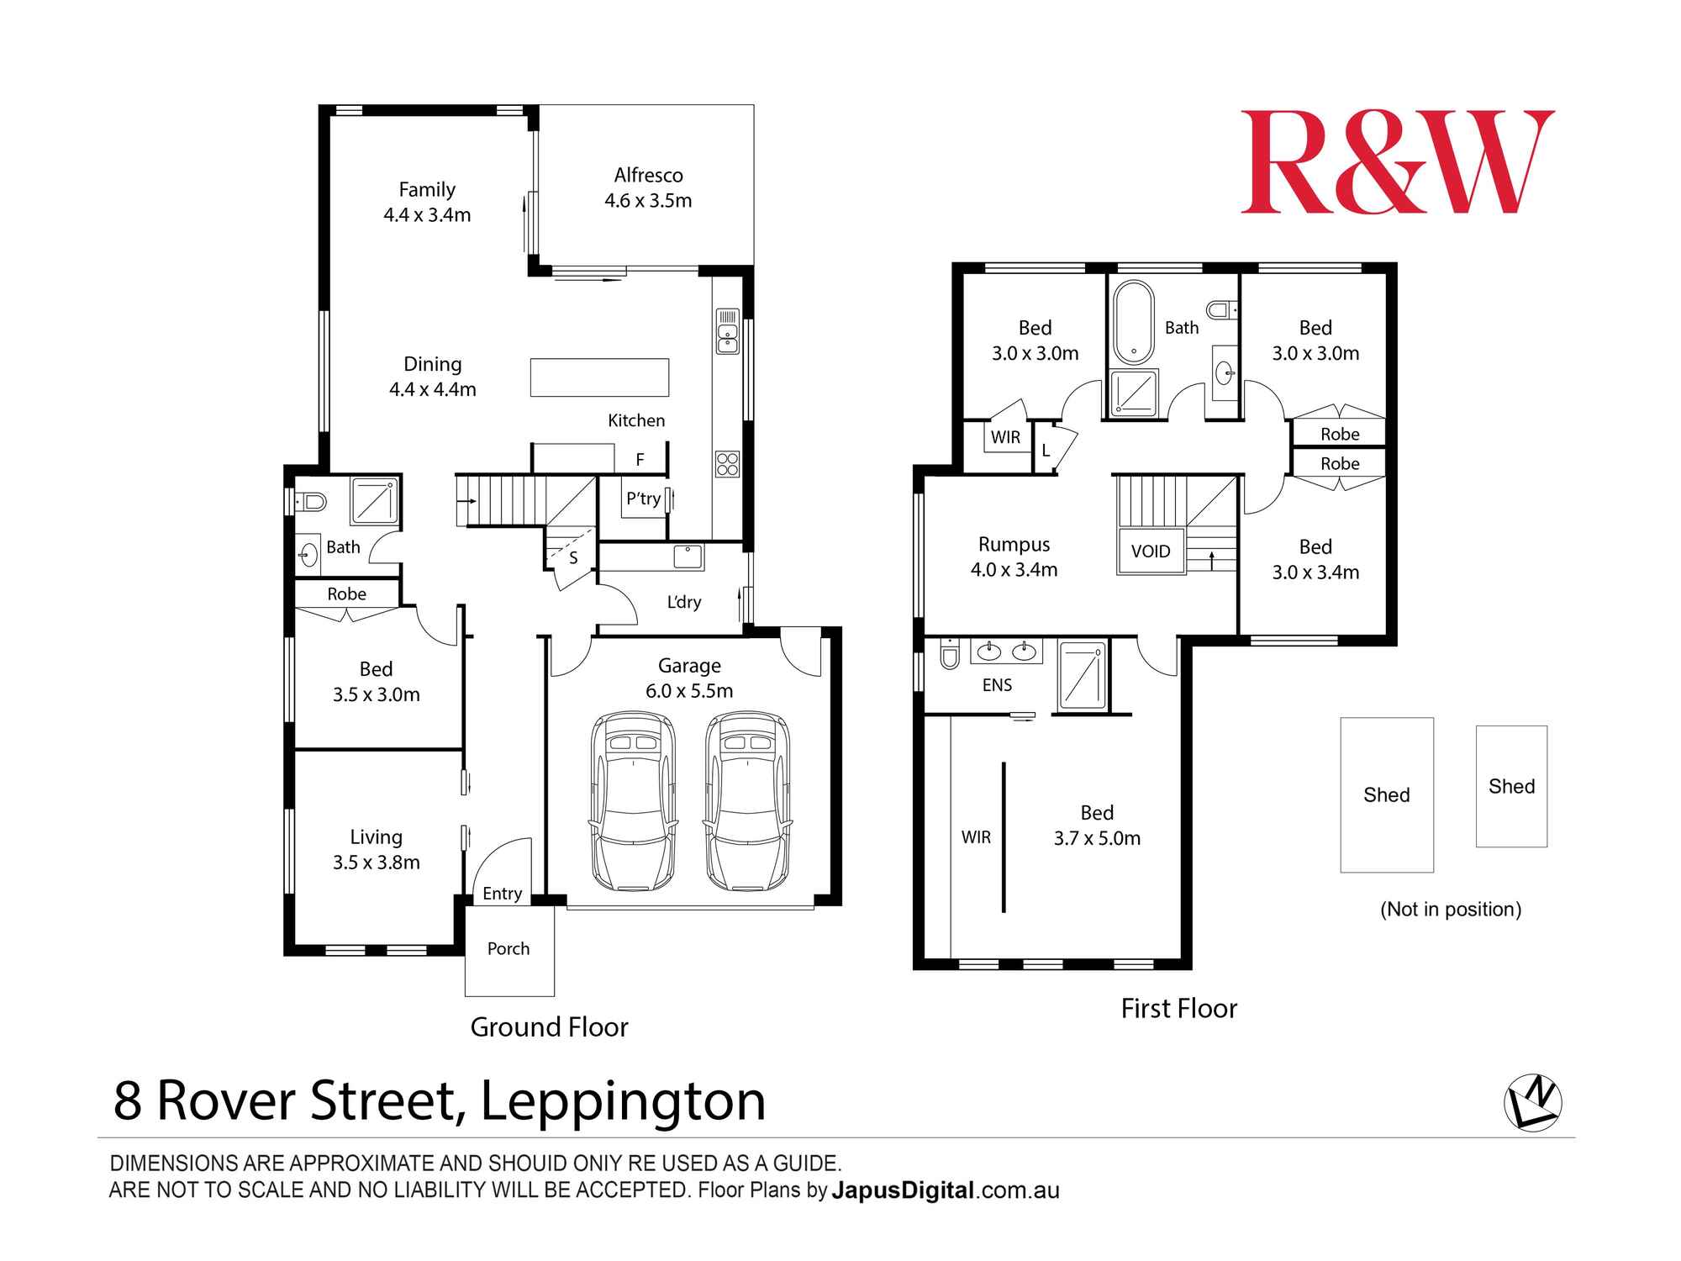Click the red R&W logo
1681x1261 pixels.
1397,162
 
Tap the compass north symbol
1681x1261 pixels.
1532,1102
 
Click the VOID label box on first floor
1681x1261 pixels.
1151,551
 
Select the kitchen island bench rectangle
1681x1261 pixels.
599,377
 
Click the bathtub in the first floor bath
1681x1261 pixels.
1134,323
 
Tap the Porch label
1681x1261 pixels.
509,948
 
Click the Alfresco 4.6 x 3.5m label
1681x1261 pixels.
648,187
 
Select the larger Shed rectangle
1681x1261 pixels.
1386,794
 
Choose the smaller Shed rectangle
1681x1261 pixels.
1511,786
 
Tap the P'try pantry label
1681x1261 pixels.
643,499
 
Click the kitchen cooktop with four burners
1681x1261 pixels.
727,464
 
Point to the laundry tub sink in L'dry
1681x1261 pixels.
688,557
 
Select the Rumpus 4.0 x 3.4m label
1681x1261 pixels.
1014,557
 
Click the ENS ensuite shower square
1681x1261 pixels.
1082,674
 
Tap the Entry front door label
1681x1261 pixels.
502,894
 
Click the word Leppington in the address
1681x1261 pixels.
623,1100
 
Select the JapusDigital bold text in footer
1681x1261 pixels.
903,1190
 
